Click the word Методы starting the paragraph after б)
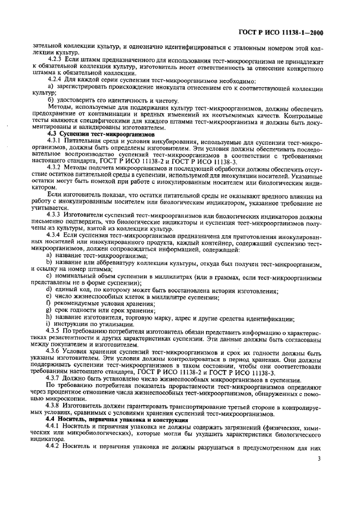coord(60,108)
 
